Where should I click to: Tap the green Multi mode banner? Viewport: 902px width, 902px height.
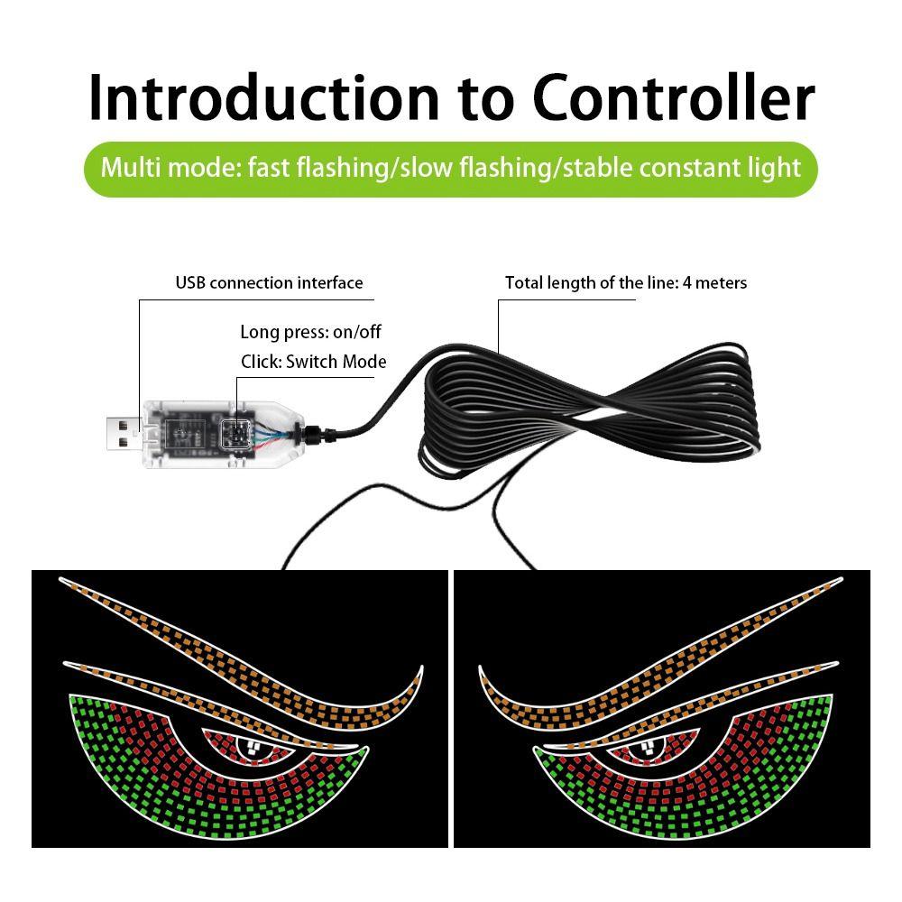pos(450,168)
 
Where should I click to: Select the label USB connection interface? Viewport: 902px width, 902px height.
pos(269,283)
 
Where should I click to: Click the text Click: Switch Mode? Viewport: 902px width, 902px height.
pos(313,362)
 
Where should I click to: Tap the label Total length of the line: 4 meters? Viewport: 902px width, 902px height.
pos(625,283)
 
